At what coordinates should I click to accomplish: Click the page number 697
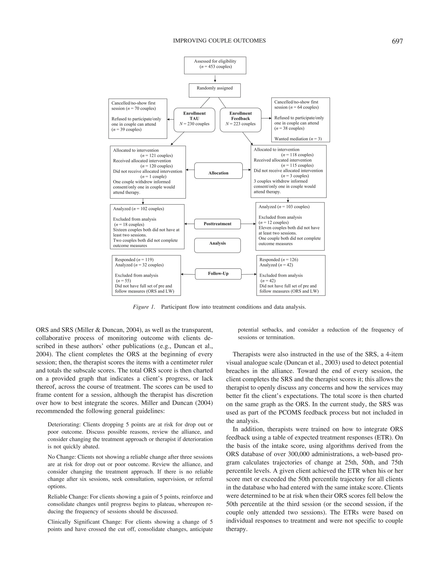point(397,41)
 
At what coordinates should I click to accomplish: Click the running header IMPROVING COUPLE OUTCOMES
point(219,41)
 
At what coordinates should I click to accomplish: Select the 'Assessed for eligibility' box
point(215,65)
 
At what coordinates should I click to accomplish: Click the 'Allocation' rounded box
point(218,171)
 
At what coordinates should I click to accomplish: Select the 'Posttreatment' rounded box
point(217,224)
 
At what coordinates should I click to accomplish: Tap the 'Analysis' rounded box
point(217,245)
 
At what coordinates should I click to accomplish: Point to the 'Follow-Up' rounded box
point(218,274)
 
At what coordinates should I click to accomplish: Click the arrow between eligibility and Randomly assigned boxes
point(215,79)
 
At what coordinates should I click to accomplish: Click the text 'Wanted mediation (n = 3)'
point(298,139)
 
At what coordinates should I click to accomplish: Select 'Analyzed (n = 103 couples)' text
point(284,207)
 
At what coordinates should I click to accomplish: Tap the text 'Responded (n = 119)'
point(134,260)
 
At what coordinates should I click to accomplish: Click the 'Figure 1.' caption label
point(144,307)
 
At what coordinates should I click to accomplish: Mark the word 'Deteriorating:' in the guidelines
point(64,424)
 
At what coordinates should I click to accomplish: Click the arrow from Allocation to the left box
point(190,170)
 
